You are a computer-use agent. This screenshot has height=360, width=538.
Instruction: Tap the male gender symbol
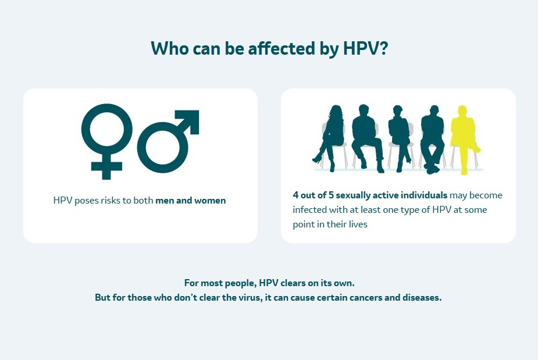[166, 142]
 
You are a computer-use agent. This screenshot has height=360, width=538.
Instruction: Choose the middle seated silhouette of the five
[398, 138]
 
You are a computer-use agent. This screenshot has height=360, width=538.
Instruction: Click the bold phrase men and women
[190, 200]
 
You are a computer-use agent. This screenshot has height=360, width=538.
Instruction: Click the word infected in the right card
[309, 209]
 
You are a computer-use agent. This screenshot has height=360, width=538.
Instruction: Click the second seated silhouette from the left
[366, 138]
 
